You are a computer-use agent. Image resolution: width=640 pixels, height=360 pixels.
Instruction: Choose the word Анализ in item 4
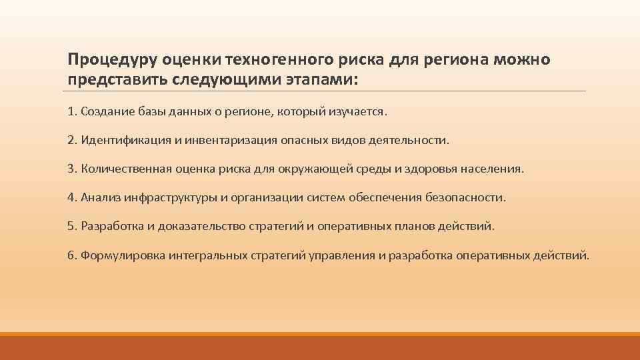[97, 197]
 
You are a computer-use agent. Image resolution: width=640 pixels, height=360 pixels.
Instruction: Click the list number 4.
[71, 197]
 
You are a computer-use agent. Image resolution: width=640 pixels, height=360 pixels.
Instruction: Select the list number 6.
[71, 255]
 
